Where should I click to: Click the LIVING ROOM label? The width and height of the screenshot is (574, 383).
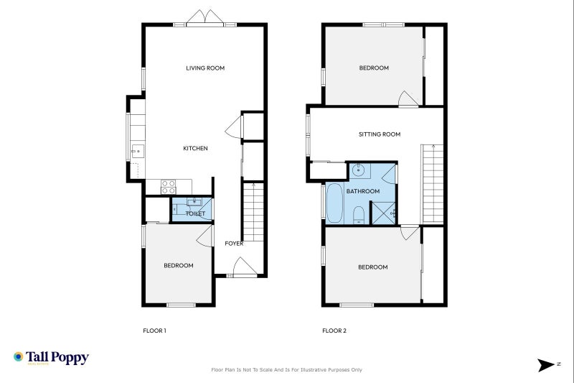205,68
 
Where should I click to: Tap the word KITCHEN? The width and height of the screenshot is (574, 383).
195,148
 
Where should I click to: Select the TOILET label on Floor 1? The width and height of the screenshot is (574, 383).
195,213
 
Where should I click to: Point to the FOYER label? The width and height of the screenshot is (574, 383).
234,244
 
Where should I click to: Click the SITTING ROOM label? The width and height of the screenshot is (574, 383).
379,134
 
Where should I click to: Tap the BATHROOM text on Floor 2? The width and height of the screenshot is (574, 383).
362,192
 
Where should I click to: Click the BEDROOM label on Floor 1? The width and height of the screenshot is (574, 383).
178,266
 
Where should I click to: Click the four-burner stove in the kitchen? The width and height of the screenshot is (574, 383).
168,187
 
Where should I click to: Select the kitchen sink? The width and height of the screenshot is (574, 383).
137,151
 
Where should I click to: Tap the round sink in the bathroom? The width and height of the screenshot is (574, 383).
359,172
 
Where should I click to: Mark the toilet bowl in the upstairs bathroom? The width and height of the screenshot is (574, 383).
359,215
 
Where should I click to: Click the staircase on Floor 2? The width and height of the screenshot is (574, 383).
432,183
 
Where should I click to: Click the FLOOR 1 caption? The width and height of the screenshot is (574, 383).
154,331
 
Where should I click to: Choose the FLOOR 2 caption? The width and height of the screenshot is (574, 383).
334,331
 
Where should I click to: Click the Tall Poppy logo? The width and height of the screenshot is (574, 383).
50,357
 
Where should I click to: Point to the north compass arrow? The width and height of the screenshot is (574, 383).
547,365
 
